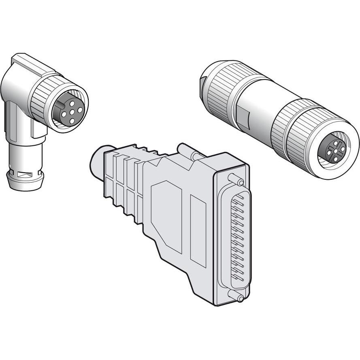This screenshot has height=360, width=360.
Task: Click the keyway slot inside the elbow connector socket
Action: point(60,105)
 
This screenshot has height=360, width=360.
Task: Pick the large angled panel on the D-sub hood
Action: point(166,215)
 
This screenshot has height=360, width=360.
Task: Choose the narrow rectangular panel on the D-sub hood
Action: point(198,231)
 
